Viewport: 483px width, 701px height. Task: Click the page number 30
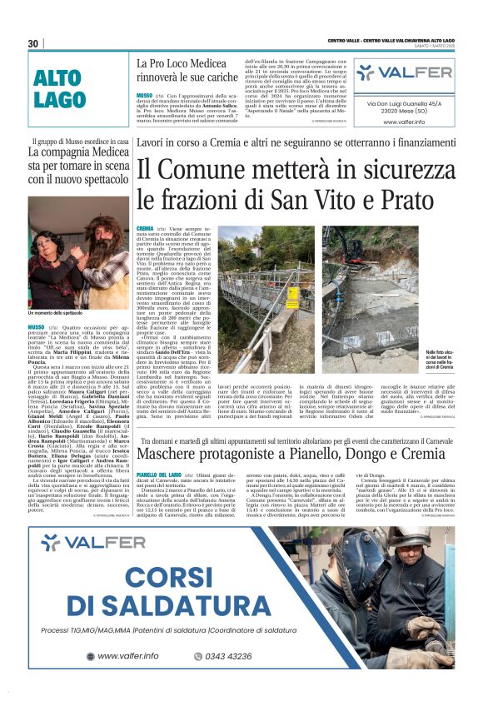click(33, 42)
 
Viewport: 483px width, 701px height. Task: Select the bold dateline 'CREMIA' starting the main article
click(144, 227)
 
